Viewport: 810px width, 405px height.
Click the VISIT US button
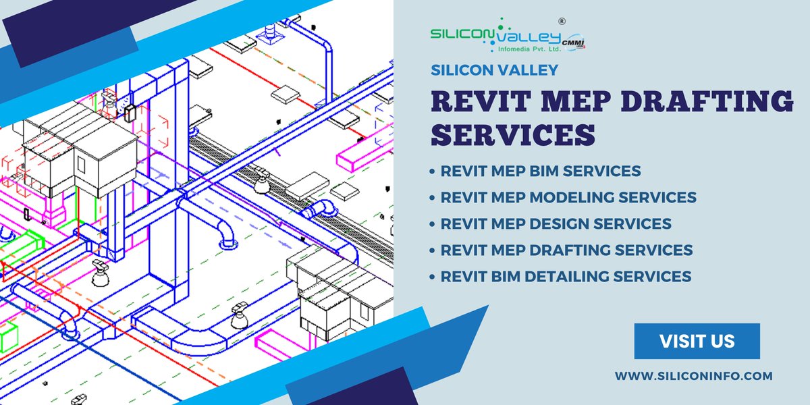(697, 342)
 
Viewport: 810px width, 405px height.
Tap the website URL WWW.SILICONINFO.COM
(693, 376)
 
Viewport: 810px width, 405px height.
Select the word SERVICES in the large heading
(513, 135)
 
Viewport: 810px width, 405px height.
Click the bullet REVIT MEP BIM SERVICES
(540, 171)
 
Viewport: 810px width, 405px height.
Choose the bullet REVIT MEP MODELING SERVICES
(568, 197)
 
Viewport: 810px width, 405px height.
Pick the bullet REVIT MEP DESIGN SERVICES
(556, 223)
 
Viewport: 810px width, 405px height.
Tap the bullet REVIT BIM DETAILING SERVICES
(566, 276)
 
